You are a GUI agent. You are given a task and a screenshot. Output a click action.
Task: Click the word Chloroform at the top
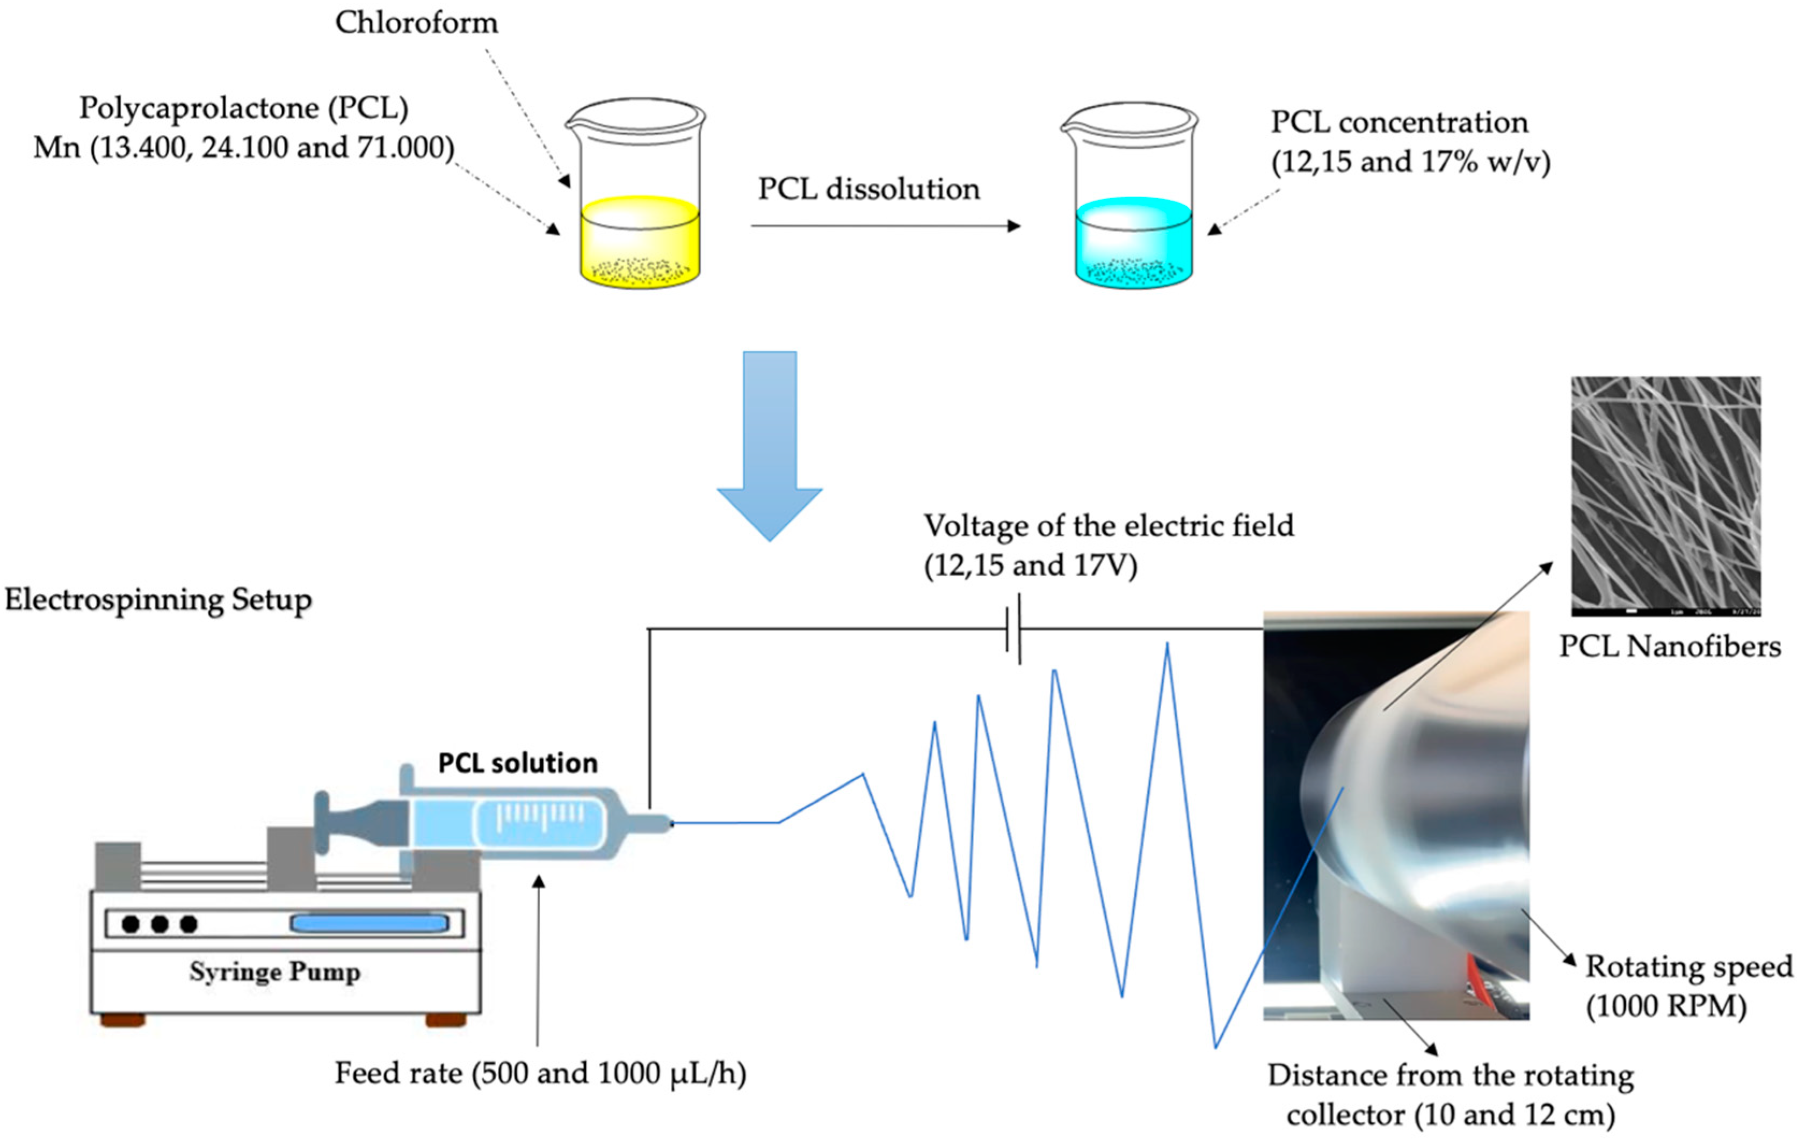coord(416,23)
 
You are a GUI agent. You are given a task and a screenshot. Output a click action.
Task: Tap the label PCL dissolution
coord(868,189)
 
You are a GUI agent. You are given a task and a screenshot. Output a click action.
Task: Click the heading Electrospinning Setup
coord(158,600)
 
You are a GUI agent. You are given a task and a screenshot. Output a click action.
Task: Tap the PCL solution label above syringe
coord(517,763)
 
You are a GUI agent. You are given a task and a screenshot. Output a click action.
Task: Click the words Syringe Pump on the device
coord(274,971)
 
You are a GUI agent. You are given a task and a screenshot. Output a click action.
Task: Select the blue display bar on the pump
coord(369,924)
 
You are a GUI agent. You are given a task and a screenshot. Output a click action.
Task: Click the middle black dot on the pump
coord(160,924)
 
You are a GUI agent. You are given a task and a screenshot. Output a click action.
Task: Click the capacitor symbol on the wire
coord(1013,629)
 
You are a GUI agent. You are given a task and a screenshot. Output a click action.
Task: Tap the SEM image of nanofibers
coord(1665,496)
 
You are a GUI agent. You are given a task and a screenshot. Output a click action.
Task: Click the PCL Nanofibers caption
coord(1669,646)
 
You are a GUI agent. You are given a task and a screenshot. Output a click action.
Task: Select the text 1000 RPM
coord(1665,1006)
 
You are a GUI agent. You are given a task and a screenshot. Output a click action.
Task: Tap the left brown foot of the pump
coord(122,1019)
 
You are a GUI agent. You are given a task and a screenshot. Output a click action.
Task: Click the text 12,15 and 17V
coord(1030,565)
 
